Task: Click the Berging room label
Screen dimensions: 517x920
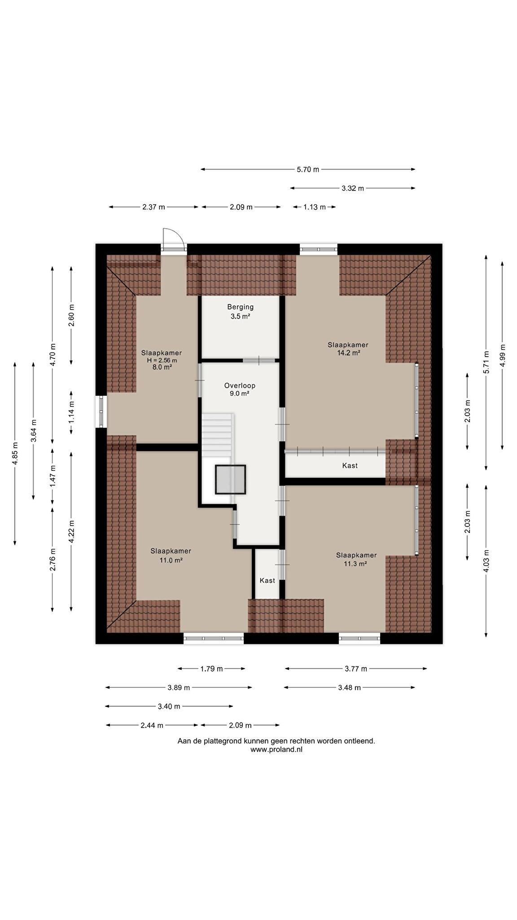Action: point(240,307)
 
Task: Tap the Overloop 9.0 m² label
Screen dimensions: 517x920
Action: point(240,389)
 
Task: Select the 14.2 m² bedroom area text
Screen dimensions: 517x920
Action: point(349,353)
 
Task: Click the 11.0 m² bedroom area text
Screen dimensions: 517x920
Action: point(171,560)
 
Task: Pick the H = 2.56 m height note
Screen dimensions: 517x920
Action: point(162,360)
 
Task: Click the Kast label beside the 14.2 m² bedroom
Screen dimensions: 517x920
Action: point(350,466)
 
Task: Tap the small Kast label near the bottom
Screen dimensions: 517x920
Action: point(267,581)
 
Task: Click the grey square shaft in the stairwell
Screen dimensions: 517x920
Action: point(231,480)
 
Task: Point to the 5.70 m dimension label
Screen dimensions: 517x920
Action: point(308,169)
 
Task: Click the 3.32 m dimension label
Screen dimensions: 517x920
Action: point(353,188)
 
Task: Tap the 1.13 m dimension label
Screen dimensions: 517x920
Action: point(315,207)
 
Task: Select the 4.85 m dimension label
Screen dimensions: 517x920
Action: point(15,454)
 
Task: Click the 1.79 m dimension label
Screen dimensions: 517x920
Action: point(211,669)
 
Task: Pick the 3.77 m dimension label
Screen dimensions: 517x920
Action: point(356,669)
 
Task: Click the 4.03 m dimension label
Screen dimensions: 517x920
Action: point(486,561)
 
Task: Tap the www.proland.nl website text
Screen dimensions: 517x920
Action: point(276,750)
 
